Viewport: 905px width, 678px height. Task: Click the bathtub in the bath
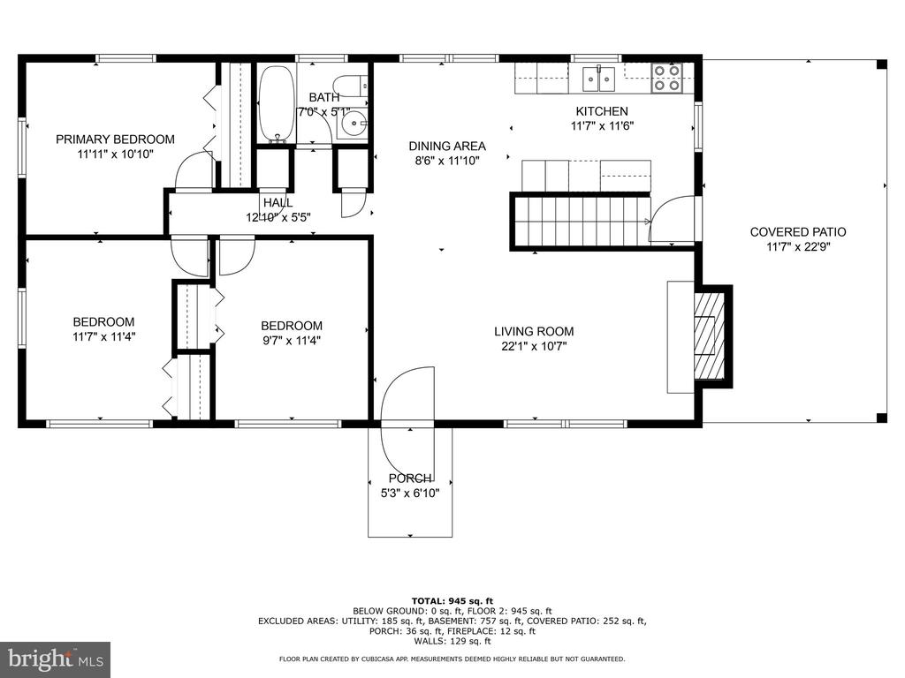coord(276,104)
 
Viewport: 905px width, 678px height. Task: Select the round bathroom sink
coord(352,124)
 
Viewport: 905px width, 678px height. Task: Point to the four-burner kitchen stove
coord(666,79)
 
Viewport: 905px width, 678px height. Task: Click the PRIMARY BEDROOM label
coord(115,139)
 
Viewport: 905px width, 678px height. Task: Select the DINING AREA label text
coord(447,146)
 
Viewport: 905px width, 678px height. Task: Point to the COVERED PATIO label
coord(798,232)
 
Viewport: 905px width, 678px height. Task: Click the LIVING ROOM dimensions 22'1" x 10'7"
coord(534,346)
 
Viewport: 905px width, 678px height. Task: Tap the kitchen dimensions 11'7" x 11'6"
coord(602,126)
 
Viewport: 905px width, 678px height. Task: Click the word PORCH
coord(410,478)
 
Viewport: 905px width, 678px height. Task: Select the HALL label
coord(278,202)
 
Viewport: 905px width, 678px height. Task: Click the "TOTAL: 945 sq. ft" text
coord(452,601)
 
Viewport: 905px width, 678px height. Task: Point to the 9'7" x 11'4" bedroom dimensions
coord(292,341)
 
